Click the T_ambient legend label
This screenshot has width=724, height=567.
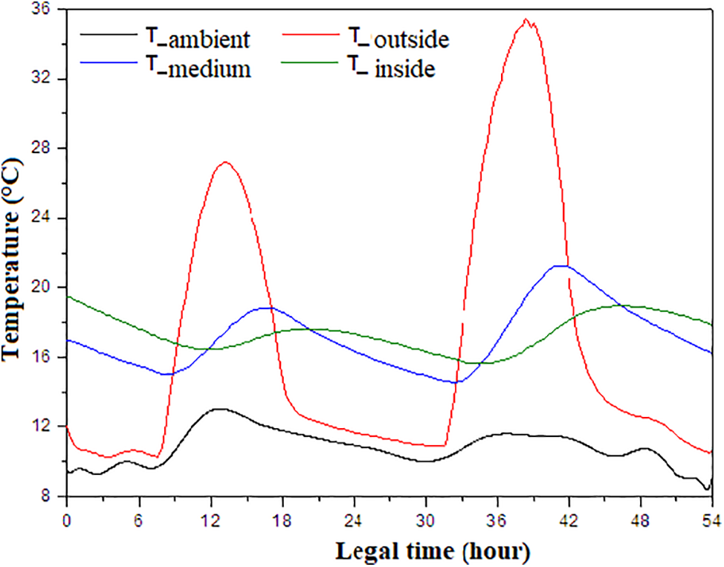[195, 38]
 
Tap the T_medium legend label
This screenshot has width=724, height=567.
[195, 69]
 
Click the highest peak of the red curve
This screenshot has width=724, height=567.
[526, 19]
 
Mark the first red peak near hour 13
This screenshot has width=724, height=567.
[225, 162]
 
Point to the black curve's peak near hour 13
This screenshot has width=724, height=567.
[219, 409]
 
